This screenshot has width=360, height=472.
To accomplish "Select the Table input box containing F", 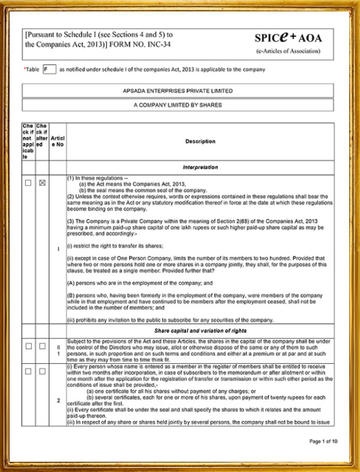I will (x=49, y=69).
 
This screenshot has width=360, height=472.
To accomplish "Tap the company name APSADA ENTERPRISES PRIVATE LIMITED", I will (x=178, y=91).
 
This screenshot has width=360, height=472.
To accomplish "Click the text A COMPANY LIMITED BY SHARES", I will (x=178, y=104).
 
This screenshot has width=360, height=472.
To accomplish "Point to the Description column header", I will (x=200, y=142).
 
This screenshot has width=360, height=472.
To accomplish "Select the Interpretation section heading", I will (x=200, y=167).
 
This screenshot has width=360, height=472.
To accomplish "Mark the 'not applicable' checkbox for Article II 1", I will (x=28, y=346).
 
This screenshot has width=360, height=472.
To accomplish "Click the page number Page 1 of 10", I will (x=323, y=441).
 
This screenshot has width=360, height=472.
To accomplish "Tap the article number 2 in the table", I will (x=58, y=400).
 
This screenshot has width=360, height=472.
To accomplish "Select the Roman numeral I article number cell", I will (x=58, y=247).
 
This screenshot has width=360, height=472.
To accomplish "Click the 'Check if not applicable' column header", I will (x=28, y=142).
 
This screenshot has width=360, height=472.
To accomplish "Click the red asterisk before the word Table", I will (x=25, y=69).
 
